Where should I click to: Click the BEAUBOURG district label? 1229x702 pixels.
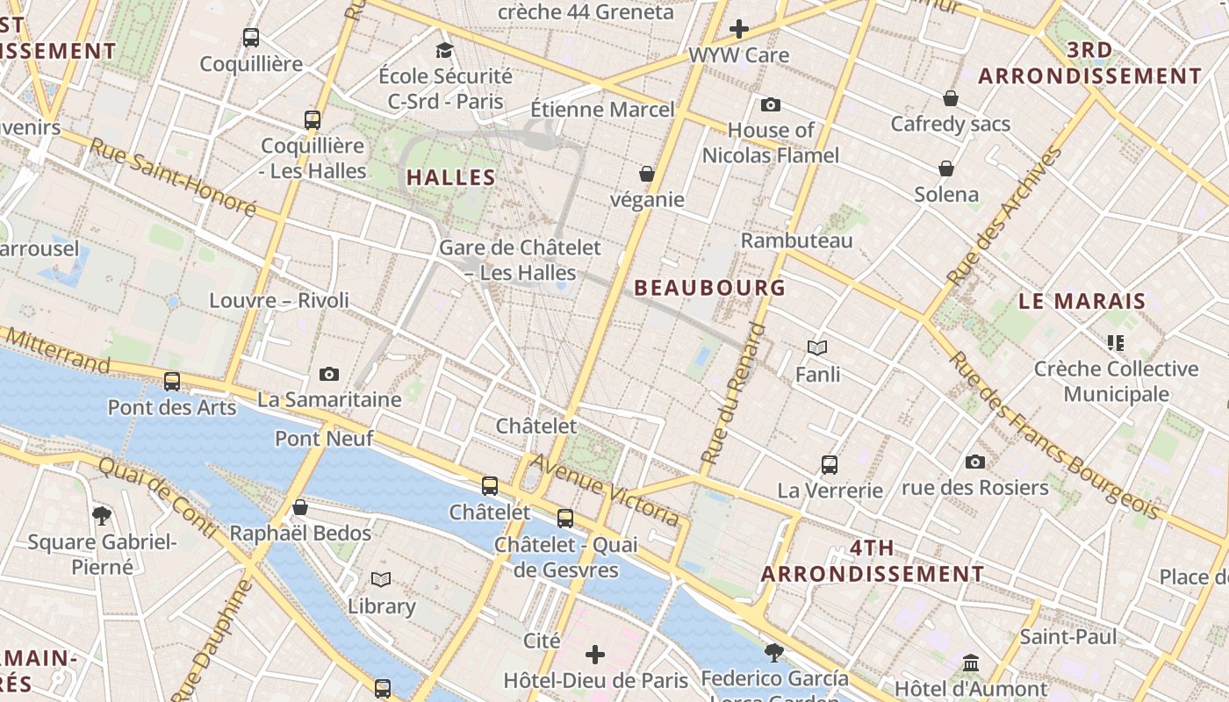pos(709,288)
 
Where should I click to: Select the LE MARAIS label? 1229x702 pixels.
pos(1082,301)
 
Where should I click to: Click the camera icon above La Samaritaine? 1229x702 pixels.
pos(329,375)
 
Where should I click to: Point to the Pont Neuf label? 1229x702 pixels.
pos(324,438)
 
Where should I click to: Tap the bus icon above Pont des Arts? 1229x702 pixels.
pos(172,382)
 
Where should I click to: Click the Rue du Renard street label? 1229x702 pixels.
pos(734,395)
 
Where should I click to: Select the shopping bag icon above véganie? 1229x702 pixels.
pos(647,174)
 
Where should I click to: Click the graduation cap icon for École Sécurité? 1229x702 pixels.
pos(445,50)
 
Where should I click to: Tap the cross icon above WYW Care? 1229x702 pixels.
pos(739,29)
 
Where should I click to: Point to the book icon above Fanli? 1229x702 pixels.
pos(817,348)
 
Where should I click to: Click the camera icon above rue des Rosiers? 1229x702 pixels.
pos(974,462)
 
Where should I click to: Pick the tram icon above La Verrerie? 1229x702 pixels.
pos(830,465)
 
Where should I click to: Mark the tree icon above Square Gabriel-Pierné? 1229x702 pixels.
pos(102,515)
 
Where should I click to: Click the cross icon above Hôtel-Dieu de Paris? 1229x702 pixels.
pos(595,654)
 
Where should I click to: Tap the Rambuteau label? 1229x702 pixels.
pos(796,240)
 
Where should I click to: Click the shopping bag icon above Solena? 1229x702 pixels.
pos(946,168)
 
